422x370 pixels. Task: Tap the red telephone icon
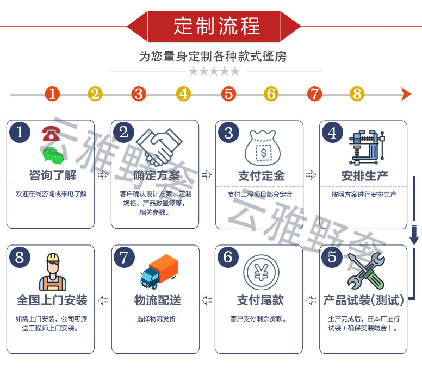click(51, 133)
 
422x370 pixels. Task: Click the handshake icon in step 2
click(159, 147)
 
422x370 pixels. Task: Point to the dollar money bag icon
click(263, 148)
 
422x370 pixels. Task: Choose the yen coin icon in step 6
click(261, 272)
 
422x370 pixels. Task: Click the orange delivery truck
click(159, 272)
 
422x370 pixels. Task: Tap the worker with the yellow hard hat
click(53, 272)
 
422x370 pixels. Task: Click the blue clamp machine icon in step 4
click(367, 147)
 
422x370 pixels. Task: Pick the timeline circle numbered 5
click(228, 94)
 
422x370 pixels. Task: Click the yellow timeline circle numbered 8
click(357, 94)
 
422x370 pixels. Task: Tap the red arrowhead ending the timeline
click(406, 94)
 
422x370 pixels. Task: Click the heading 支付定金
click(262, 176)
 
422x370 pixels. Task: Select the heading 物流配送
click(158, 300)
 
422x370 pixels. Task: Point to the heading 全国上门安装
click(52, 300)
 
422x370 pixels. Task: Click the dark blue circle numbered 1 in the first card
click(20, 132)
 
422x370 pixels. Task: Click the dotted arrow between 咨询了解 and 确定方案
click(103, 175)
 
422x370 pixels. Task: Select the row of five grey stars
click(214, 71)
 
